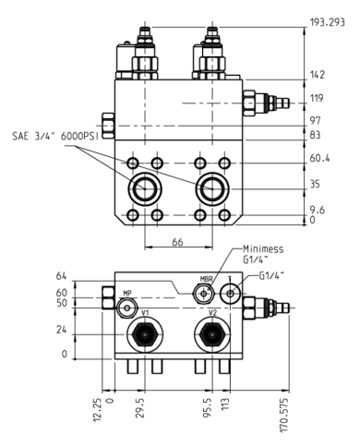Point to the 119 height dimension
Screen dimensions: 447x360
317,97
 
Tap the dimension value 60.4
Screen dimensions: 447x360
320,158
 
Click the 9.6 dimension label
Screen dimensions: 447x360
318,210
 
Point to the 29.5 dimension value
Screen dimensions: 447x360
139,407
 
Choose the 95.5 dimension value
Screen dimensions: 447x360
208,407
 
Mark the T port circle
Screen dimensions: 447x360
230,294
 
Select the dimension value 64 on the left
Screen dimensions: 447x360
63,275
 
